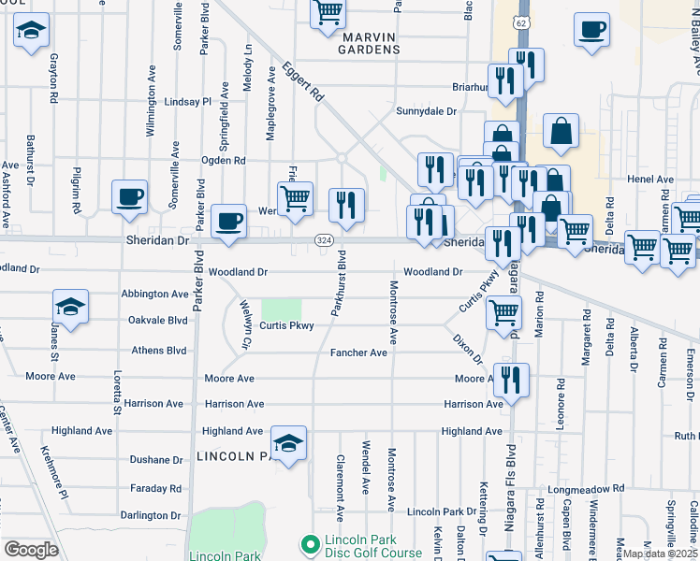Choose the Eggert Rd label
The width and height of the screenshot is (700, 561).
point(304,83)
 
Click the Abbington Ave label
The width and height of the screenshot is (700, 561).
point(154,294)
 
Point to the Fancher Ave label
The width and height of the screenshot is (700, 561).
point(358,353)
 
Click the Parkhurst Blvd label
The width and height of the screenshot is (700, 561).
point(341,281)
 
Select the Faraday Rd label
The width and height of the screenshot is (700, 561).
point(155,488)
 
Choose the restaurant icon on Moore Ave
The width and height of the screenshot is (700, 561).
point(511,380)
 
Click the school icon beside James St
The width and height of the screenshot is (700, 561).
point(70,309)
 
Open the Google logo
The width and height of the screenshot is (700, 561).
point(31,550)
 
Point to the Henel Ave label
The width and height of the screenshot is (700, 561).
point(651,180)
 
